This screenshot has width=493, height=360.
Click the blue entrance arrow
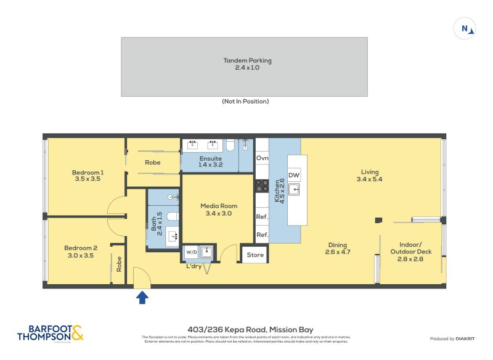[142, 298]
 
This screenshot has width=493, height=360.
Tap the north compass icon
[465, 28]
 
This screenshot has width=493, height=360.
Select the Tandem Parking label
[247, 64]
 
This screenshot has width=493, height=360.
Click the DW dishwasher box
[294, 174]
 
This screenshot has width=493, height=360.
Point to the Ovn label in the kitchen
[262, 158]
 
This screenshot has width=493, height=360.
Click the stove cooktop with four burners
[262, 186]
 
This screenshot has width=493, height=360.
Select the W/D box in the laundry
[190, 252]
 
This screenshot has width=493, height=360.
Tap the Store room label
[255, 254]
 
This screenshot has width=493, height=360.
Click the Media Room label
[219, 210]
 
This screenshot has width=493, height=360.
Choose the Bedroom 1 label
[88, 176]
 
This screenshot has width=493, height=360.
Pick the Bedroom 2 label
[81, 252]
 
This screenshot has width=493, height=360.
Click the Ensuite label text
[210, 162]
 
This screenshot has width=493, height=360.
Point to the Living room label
[370, 176]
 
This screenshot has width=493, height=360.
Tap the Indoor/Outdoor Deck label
[411, 252]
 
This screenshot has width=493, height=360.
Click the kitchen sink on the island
[294, 189]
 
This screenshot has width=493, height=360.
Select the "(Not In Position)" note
[245, 101]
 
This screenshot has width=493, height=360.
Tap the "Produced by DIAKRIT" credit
[453, 339]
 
